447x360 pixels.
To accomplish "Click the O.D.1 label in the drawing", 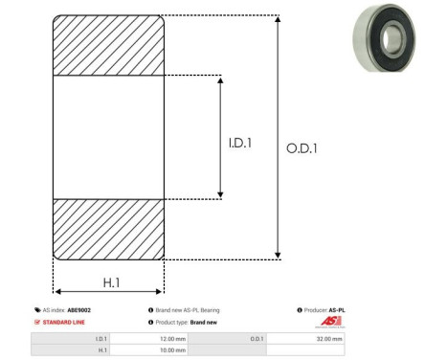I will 302,148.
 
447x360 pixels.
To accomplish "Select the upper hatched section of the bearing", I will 108,45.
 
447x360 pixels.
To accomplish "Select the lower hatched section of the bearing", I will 108,229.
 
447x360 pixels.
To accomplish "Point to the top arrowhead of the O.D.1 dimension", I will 279,19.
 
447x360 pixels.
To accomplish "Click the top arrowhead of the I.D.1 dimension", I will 222,79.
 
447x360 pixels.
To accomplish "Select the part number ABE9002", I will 79,310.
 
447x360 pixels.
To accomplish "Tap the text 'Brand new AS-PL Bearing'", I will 188,310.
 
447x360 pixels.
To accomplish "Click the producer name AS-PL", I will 336,310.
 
